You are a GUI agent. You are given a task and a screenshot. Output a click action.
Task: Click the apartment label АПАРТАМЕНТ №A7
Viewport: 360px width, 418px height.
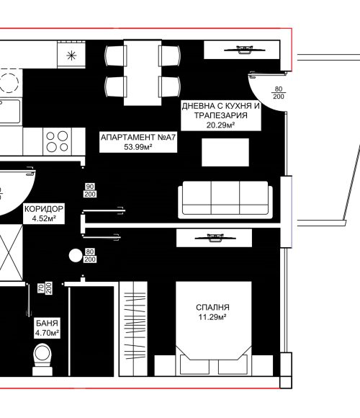tap(138, 137)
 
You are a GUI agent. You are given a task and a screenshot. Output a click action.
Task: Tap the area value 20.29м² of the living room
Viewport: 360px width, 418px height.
tap(220, 125)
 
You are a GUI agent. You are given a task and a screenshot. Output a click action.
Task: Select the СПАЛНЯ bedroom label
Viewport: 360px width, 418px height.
tap(212, 307)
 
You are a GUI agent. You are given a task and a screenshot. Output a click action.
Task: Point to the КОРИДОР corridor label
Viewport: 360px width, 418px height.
tap(44, 209)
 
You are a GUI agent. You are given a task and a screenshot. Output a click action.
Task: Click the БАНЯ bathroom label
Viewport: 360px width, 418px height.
tap(47, 323)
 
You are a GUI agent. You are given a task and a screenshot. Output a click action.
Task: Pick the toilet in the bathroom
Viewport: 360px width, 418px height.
tap(42, 360)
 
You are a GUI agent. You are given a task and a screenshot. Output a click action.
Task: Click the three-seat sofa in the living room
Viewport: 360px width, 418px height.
tap(225, 200)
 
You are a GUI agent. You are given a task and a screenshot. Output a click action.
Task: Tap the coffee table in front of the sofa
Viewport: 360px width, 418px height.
tap(225, 152)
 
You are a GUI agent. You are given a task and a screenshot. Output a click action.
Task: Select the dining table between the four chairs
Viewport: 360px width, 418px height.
tap(143, 72)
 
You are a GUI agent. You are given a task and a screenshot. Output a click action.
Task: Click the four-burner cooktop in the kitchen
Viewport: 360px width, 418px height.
tap(58, 141)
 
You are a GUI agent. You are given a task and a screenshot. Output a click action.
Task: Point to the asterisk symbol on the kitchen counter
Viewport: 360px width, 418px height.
tap(71, 55)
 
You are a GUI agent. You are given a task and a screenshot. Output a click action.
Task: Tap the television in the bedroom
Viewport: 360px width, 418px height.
tap(215, 238)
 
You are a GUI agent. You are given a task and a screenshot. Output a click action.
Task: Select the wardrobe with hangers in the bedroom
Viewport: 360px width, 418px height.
tap(133, 329)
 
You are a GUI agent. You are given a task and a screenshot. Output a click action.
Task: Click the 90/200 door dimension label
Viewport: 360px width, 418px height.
tap(90, 190)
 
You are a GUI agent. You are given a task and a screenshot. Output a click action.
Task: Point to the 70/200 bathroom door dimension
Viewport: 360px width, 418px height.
tap(45, 288)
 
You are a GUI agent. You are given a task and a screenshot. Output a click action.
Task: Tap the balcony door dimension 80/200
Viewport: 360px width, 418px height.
tap(279, 93)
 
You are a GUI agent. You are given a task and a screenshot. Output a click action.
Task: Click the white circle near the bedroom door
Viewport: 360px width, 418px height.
tap(76, 255)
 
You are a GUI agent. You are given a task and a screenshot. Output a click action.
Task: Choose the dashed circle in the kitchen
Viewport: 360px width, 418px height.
tap(9, 81)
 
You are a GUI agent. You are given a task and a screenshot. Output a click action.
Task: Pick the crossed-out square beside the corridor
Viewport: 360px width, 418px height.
tap(12, 252)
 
